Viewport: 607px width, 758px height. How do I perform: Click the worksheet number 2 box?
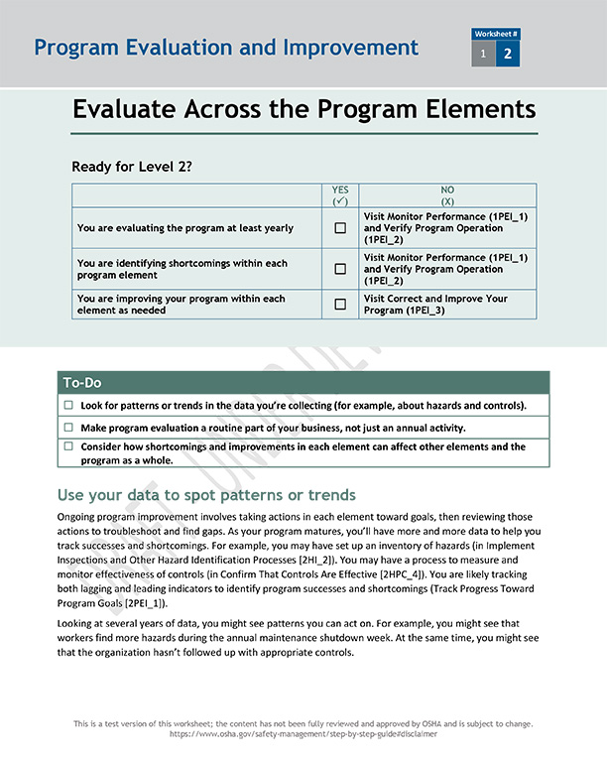pos(507,55)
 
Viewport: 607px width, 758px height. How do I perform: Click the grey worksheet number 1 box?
pos(483,55)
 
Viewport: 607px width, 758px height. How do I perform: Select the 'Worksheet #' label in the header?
pos(496,34)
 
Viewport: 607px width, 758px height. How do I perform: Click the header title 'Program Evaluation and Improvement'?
pos(226,48)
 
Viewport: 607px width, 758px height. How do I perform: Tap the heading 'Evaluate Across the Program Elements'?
pos(303,109)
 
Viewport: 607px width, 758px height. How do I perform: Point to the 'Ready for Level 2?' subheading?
pos(132,167)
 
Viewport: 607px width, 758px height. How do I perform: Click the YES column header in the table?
pos(340,194)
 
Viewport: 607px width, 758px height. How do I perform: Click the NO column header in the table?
pos(447,194)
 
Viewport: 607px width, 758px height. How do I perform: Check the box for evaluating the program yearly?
pos(340,228)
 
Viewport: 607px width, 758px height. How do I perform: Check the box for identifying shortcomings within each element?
pos(340,269)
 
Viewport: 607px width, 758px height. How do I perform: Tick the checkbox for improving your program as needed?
pos(340,305)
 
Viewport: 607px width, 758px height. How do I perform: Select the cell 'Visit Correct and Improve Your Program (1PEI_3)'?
pos(446,305)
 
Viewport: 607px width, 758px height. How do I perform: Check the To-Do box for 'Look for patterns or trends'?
pos(68,406)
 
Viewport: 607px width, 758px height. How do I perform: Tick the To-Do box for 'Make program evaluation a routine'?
pos(68,428)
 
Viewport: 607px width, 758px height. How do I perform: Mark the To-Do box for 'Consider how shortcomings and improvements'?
pos(68,447)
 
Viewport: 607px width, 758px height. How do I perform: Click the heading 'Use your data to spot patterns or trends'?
pos(206,495)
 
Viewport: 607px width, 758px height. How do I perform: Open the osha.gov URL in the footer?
pos(303,734)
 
